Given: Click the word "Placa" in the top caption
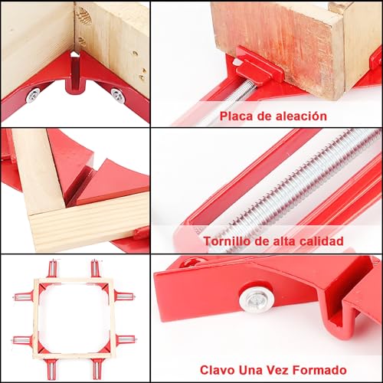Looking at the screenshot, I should click(236, 116).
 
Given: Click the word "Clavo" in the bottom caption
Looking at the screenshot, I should click(218, 368).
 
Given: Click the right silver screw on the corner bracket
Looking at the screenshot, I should click(116, 93).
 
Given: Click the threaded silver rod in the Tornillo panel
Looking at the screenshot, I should click(283, 188).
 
